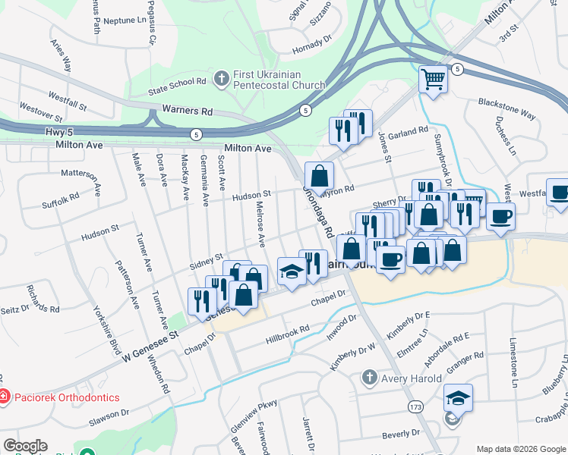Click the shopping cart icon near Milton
pyautogui.click(x=433, y=79)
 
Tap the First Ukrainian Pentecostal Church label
pyautogui.click(x=279, y=80)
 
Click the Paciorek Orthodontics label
pyautogui.click(x=65, y=397)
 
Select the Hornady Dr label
pyautogui.click(x=313, y=51)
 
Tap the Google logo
pyautogui.click(x=25, y=447)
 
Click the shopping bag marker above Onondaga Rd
pyautogui.click(x=320, y=176)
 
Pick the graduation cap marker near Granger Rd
pyautogui.click(x=459, y=397)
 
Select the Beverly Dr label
pyautogui.click(x=401, y=435)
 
